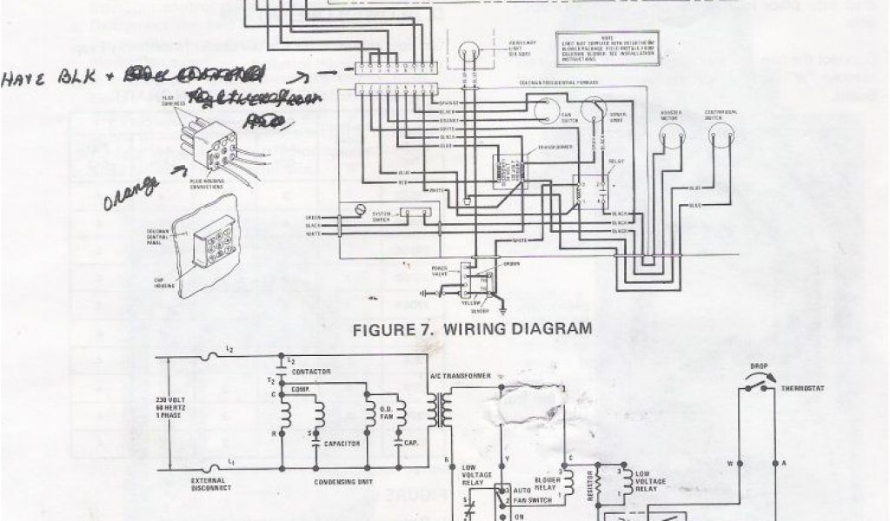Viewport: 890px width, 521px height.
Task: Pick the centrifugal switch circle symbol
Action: [721, 132]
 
